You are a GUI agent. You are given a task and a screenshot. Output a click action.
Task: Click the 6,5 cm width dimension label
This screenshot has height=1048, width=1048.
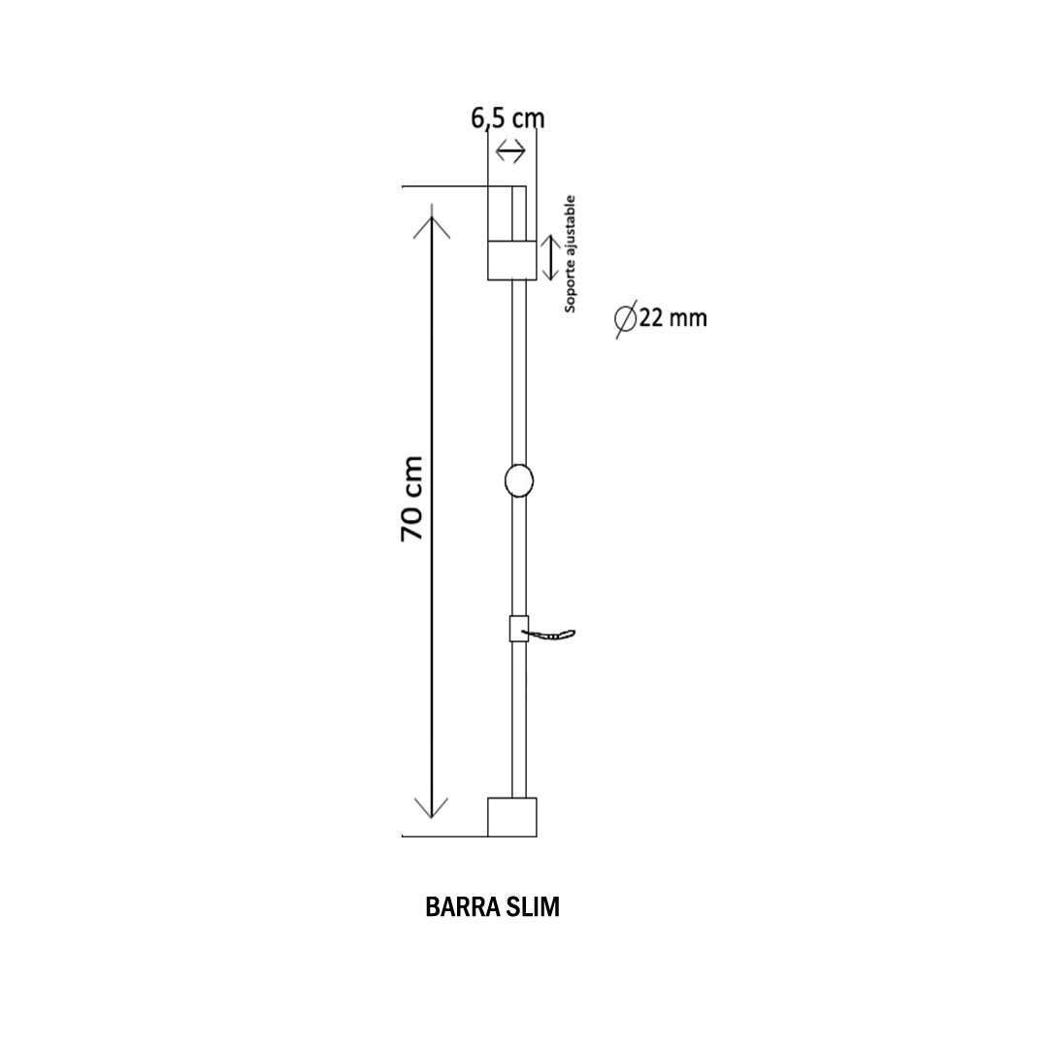[508, 118]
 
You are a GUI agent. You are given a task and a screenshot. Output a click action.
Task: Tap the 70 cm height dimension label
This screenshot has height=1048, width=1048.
[411, 499]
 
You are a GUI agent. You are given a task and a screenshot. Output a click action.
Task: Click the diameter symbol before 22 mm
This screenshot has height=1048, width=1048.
[626, 319]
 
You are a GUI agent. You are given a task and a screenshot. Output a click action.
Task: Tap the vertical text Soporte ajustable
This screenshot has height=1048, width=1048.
[570, 254]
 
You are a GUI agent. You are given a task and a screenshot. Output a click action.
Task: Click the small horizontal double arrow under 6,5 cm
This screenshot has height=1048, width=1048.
[510, 151]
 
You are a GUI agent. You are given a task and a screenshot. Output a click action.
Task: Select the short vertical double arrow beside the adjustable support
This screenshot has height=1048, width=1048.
[550, 257]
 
